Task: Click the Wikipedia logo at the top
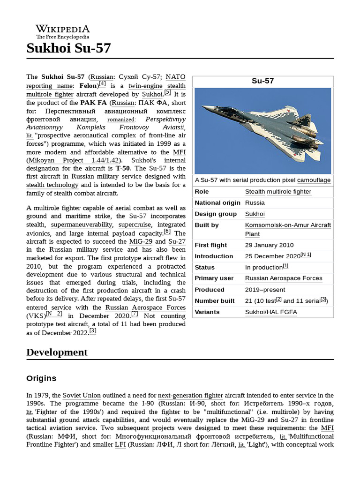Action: coord(63,31)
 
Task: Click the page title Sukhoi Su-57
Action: coord(68,48)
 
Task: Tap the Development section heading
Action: coord(57,352)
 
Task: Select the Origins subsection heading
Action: coord(41,378)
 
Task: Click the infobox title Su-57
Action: coord(262,81)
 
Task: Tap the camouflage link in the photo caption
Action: coord(314,180)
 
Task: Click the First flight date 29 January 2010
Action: coord(269,245)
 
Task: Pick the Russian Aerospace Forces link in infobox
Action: coord(284,278)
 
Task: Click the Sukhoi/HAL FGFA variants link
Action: coord(271,312)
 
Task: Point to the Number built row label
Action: coord(214,301)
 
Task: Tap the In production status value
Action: coord(263,267)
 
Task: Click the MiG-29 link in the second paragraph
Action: coord(141,241)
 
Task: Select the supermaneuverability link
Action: coord(82,225)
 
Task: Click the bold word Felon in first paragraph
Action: coord(88,86)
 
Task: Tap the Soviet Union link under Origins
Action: coord(82,395)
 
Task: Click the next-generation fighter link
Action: coord(190,395)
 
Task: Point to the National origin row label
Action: coord(217,203)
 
